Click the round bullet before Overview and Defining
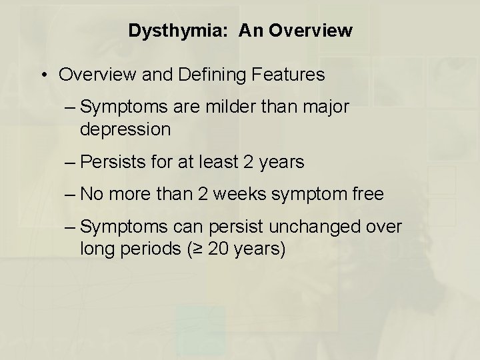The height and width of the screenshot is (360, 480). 43,75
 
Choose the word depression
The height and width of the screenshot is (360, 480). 125,129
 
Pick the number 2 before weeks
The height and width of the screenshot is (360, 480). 201,194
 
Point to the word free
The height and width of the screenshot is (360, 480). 367,194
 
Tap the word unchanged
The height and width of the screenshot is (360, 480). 325,227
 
